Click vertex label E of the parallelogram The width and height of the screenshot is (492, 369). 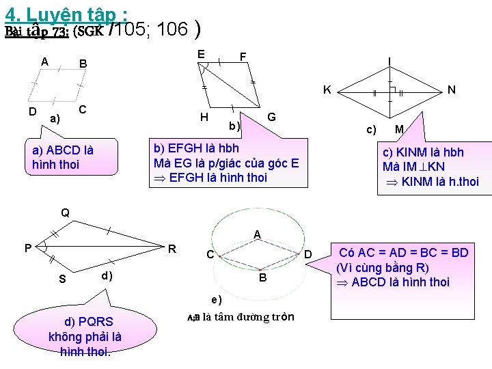tap(201, 54)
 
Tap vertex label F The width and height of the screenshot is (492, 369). tap(243, 56)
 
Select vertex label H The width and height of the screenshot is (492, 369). tap(204, 117)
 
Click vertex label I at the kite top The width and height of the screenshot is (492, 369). tap(389, 61)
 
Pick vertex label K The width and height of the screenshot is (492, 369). tap(327, 90)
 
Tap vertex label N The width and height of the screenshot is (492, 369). tap(451, 90)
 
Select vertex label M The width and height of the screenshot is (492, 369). tap(399, 129)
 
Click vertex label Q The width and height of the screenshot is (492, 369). tap(65, 213)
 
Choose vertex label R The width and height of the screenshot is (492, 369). tap(173, 248)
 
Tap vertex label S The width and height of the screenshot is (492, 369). tap(62, 279)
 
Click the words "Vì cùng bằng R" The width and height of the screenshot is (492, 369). tap(383, 267)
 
